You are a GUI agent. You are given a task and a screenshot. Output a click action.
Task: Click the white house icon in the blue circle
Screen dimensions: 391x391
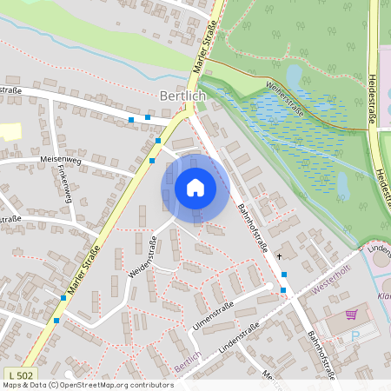click(x=195, y=188)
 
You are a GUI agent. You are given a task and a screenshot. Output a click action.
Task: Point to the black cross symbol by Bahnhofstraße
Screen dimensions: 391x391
click(x=279, y=256)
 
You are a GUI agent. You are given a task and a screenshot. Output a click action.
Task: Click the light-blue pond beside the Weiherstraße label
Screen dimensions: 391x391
click(x=295, y=76)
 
